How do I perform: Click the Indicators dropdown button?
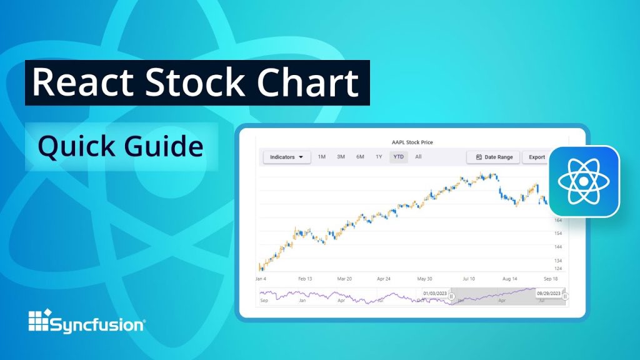[x=286, y=157]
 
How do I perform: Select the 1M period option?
[x=322, y=157]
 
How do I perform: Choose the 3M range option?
[x=341, y=157]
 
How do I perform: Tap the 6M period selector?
[x=361, y=157]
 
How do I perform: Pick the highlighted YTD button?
[x=398, y=157]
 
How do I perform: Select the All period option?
[x=418, y=157]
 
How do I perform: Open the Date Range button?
[x=493, y=157]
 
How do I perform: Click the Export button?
[x=537, y=157]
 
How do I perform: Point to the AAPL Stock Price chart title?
[x=412, y=142]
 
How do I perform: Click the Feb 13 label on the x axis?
[x=305, y=279]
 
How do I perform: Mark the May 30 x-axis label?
[x=425, y=279]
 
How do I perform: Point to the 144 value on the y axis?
[x=558, y=247]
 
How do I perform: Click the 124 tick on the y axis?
[x=558, y=269]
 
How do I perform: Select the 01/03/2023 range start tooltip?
[x=435, y=292]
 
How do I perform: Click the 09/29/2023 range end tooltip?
[x=549, y=292]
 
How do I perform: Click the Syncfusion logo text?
[x=97, y=325]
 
